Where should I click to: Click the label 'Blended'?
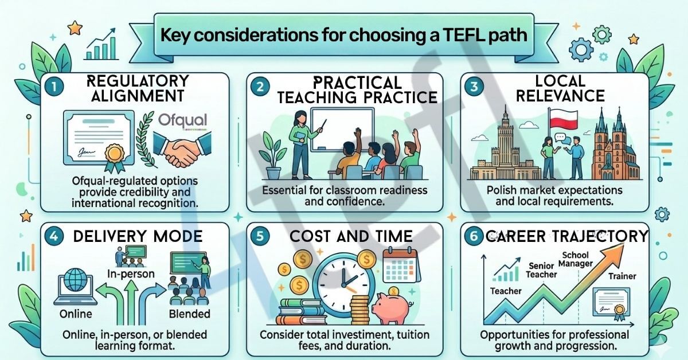(x=189, y=314)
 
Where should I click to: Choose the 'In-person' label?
(x=130, y=273)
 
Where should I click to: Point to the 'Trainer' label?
(x=622, y=276)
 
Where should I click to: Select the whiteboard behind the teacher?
(x=342, y=130)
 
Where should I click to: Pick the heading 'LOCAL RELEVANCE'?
(x=560, y=88)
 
